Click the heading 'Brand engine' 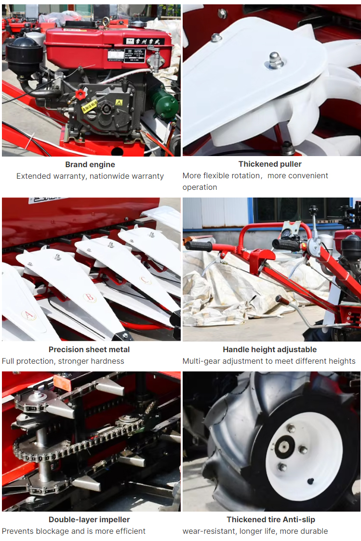tap(90, 165)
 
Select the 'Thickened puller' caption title tap(270, 164)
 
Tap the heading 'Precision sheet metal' tap(89, 350)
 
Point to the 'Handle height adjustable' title tap(269, 350)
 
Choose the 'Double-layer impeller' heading tap(89, 520)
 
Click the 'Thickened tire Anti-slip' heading tap(271, 520)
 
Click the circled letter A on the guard tap(28, 314)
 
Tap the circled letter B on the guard tap(89, 297)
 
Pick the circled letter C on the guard tap(145, 280)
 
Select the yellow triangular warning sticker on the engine tap(119, 103)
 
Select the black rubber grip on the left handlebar tap(199, 246)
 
